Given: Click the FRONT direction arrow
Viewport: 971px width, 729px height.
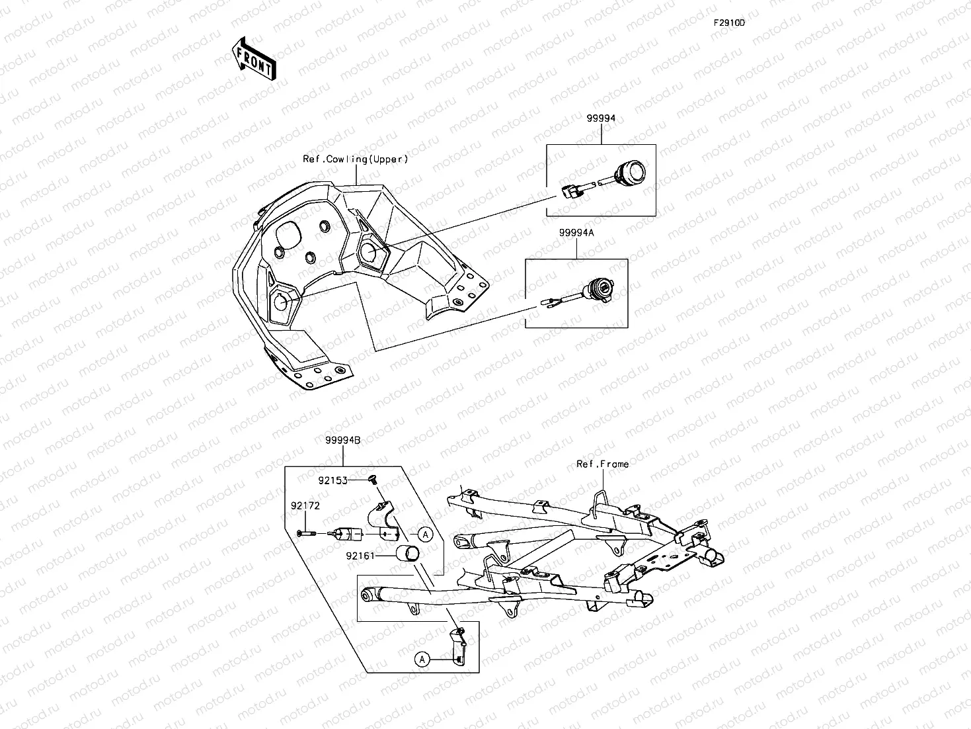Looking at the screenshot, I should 253,59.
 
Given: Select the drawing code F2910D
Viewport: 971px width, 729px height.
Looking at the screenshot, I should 728,22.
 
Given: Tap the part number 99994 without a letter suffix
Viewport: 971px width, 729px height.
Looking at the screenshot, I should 600,118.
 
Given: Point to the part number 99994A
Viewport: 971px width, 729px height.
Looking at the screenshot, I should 576,233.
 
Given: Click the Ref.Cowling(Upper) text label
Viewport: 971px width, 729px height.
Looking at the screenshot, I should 355,159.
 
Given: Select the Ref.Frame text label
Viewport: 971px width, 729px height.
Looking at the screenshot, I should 602,464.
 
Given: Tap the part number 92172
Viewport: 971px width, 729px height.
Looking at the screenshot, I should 305,505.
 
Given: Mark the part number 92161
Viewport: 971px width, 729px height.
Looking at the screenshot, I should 360,556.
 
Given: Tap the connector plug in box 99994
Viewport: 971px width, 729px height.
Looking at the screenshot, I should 570,191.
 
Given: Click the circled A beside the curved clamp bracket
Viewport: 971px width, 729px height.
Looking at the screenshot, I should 426,535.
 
